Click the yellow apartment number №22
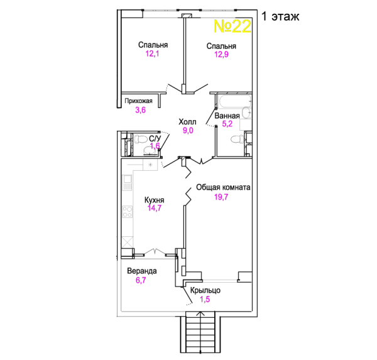(232, 26)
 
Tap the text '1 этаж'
(280, 16)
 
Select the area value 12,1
(152, 53)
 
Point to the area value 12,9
(221, 55)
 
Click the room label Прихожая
(138, 101)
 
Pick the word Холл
(187, 122)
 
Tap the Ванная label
(227, 116)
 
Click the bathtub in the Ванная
(234, 101)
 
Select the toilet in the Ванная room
(237, 139)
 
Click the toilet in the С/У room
(141, 139)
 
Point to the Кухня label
(155, 200)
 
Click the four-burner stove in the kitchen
(128, 212)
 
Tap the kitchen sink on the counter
(127, 183)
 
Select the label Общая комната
(223, 187)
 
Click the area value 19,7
(221, 197)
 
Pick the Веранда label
(142, 271)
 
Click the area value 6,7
(141, 280)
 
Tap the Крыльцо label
(205, 290)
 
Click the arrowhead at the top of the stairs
(200, 313)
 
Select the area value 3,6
(140, 110)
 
